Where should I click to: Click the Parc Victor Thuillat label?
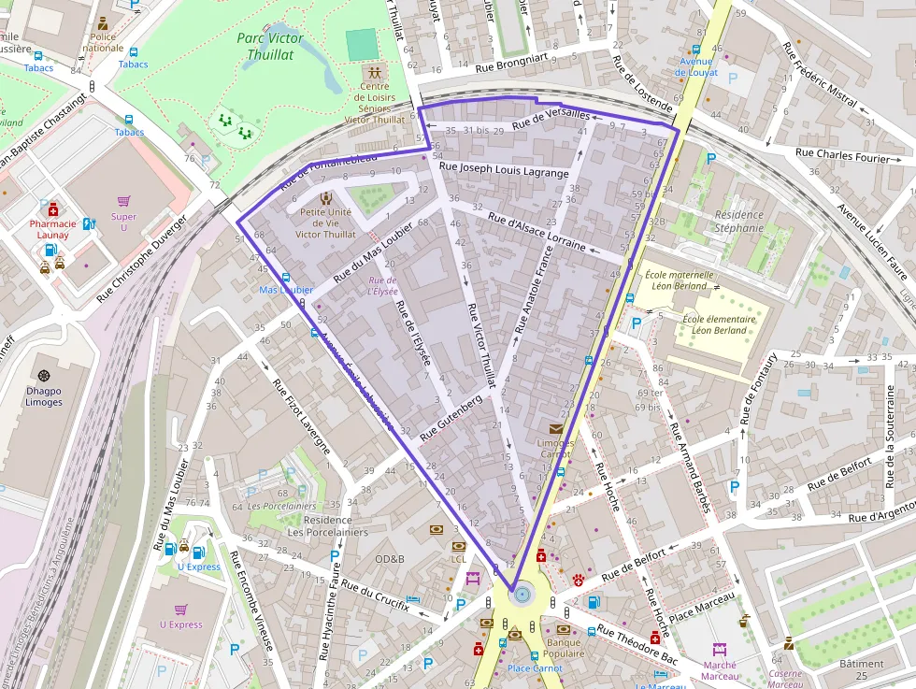(269, 46)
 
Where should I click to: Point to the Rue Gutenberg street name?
(451, 418)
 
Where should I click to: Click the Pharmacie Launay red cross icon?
(45, 209)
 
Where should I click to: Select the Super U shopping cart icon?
(123, 201)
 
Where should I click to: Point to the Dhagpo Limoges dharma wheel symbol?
(44, 375)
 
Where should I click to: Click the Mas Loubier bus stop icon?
(285, 277)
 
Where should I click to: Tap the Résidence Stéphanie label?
(739, 221)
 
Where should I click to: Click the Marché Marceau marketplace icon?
(719, 649)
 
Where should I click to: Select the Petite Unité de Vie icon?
(325, 198)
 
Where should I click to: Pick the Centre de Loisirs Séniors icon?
(375, 72)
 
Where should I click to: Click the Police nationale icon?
(102, 23)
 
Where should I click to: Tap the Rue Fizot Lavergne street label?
(301, 415)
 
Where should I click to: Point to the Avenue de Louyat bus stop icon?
(696, 49)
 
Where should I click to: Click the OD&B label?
(390, 559)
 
